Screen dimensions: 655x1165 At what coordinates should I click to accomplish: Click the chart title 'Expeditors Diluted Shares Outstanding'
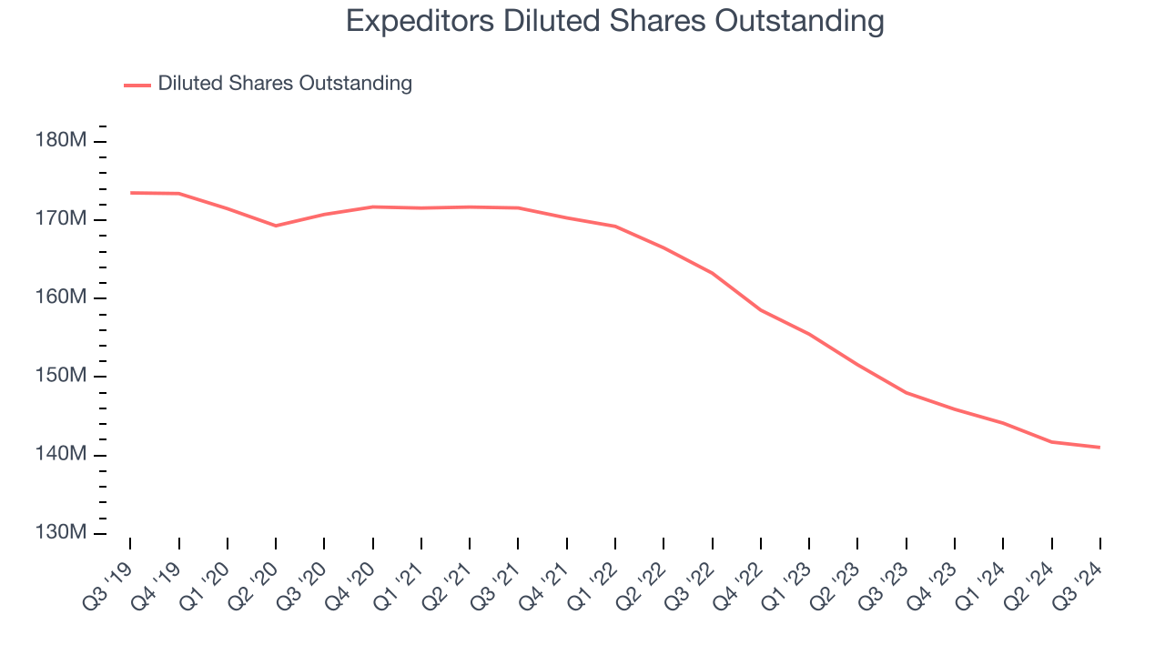tap(615, 21)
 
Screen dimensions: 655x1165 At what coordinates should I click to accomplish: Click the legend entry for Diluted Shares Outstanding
tap(284, 84)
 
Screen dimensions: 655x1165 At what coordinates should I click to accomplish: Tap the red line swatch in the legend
tap(137, 85)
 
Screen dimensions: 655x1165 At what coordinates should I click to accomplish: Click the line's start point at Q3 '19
tap(130, 193)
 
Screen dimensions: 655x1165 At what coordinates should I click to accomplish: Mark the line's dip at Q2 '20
tap(276, 226)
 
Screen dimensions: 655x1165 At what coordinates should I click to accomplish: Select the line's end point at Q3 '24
tap(1099, 447)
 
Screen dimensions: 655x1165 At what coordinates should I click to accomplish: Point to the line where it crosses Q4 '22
tap(761, 310)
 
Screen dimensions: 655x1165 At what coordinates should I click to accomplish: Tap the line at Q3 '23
tap(907, 392)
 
